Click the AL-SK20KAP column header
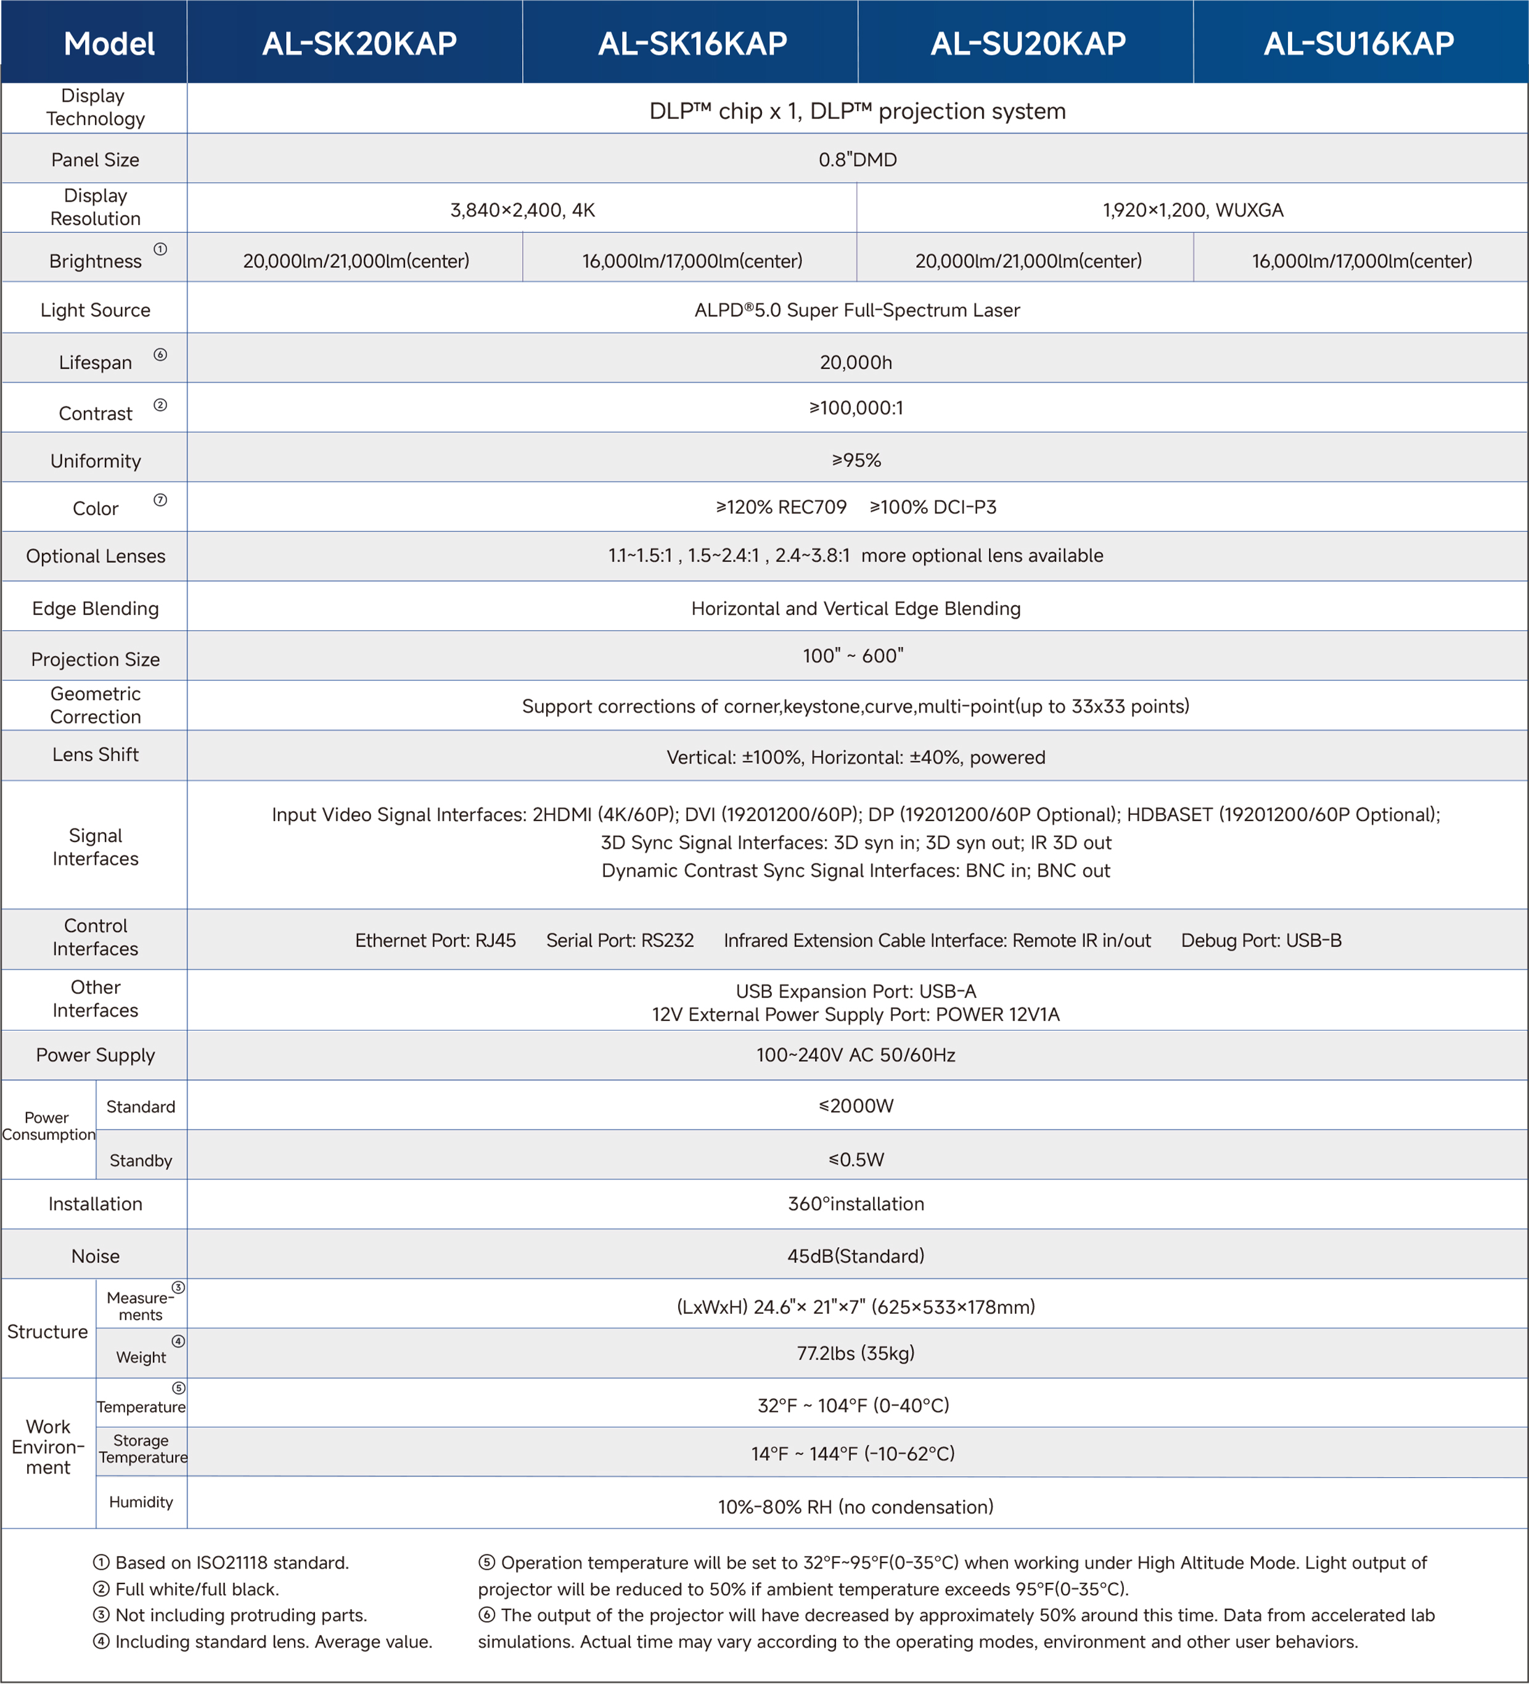pyautogui.click(x=359, y=43)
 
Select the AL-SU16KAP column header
pyautogui.click(x=1359, y=43)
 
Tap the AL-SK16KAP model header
pyautogui.click(x=692, y=43)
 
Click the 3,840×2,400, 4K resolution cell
pyautogui.click(x=523, y=210)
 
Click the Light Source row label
pyautogui.click(x=95, y=310)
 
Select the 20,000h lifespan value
pyautogui.click(x=856, y=361)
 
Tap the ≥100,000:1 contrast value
pyautogui.click(x=856, y=408)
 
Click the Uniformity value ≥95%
pyautogui.click(x=856, y=460)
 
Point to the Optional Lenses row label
pyautogui.click(x=95, y=556)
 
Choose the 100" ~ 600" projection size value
pyautogui.click(x=853, y=656)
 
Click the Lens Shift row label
pyautogui.click(x=95, y=754)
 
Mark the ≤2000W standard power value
pyautogui.click(x=856, y=1105)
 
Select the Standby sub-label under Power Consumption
pyautogui.click(x=141, y=1160)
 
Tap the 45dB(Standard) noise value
pyautogui.click(x=856, y=1255)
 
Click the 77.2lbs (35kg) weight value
pyautogui.click(x=856, y=1352)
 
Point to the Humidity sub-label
pyautogui.click(x=141, y=1501)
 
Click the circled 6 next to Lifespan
pyautogui.click(x=160, y=354)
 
